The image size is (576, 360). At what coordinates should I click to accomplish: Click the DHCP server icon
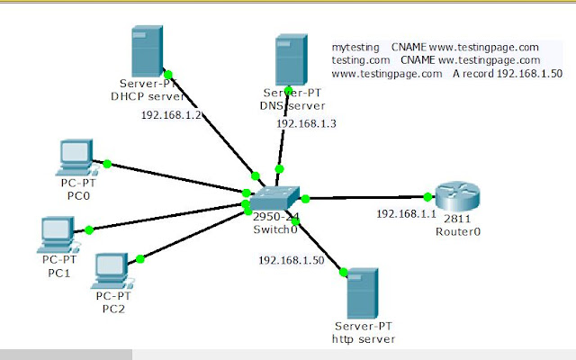(148, 52)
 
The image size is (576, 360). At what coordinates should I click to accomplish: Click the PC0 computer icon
(74, 158)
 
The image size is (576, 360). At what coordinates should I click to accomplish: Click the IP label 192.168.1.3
(306, 123)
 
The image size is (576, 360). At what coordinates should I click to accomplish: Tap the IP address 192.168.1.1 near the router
(405, 214)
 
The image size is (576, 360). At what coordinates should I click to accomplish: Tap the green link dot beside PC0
(107, 164)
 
